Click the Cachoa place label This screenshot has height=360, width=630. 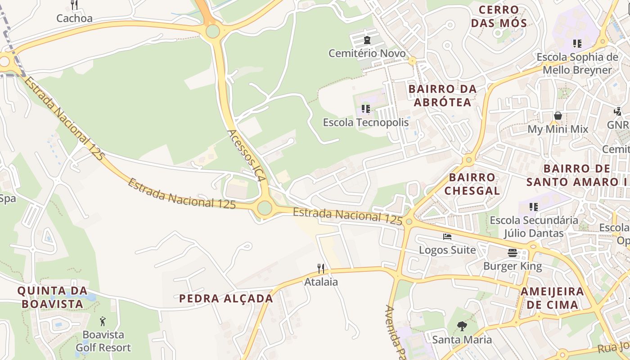coord(74,18)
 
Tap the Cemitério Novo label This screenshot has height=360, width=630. coord(367,54)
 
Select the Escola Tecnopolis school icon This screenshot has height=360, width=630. coord(366,109)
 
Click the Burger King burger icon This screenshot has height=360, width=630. coord(513,253)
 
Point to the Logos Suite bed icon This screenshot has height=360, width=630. coord(447,237)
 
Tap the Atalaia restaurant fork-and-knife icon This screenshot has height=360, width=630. coord(321,269)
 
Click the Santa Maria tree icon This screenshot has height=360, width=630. coord(462,326)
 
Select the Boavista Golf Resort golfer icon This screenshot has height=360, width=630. coord(103,321)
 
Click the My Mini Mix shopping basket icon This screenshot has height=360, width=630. coord(558,116)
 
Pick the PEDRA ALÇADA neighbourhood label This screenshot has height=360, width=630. coord(226,298)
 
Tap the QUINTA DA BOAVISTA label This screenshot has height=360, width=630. coord(53,297)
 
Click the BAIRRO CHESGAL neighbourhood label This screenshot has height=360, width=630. coord(472,184)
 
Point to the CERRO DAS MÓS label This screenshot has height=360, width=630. coord(499,16)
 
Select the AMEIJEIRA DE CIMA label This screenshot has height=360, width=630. coord(552,298)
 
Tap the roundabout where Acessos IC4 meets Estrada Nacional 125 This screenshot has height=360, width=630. coord(265,208)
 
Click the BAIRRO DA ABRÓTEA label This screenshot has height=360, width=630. coord(442,95)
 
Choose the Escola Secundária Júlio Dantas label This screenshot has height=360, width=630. coord(534,226)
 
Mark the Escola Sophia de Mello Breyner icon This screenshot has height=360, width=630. coord(577,44)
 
